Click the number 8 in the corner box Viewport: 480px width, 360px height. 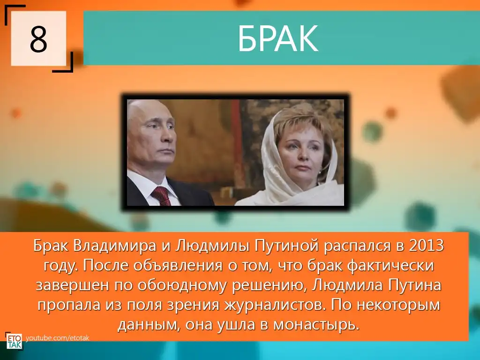tap(38, 39)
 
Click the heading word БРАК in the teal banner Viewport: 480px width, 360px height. tap(278, 39)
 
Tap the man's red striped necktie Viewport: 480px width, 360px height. tap(161, 196)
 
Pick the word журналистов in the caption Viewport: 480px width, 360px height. tap(273, 305)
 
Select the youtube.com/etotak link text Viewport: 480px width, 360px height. tap(57, 338)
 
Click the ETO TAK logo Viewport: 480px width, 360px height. tap(15, 341)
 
